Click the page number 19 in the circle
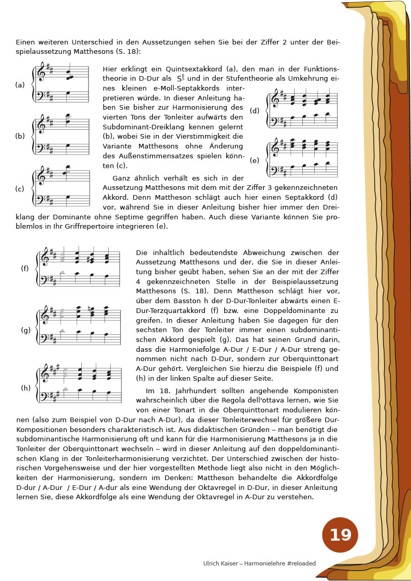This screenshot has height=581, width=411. (340, 535)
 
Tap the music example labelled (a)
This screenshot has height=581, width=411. (61, 83)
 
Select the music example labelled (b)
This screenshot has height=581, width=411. (61, 135)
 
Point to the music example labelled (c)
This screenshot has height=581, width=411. (61, 186)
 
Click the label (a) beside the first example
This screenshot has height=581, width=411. (20, 85)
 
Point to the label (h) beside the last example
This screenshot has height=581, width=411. (25, 388)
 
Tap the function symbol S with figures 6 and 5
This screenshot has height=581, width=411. (181, 79)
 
